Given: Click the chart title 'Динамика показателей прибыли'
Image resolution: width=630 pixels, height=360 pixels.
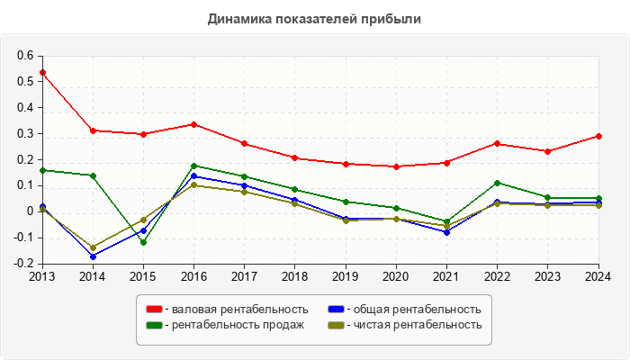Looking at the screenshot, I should point(314,18).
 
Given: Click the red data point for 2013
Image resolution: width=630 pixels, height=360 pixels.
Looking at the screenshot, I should point(42,72).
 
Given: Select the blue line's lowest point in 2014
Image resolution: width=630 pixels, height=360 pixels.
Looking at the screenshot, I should point(93,256).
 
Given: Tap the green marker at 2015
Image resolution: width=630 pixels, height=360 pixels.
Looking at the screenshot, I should point(143,242).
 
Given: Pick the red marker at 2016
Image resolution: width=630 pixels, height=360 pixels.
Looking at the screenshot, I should point(194,124).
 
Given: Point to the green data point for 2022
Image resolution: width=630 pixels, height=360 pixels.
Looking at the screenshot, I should point(497,183).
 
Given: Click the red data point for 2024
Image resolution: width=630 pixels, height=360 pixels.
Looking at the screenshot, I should point(598,137).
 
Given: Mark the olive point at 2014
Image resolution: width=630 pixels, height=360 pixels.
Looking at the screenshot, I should point(93,247).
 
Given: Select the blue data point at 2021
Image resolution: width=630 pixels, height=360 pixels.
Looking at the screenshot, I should point(446,232).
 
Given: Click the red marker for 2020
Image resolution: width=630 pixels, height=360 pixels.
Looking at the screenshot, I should point(396,166).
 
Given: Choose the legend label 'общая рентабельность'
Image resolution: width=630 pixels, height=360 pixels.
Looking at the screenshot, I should point(417,310).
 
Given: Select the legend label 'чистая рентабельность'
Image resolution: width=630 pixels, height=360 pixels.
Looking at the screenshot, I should point(418,325).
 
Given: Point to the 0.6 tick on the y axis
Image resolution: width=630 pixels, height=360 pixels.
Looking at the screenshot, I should point(24,56).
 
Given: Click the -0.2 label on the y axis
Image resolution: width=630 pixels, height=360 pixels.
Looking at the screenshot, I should point(22,264).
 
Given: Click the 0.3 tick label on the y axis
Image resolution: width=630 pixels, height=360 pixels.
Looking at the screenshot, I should point(24,133).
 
